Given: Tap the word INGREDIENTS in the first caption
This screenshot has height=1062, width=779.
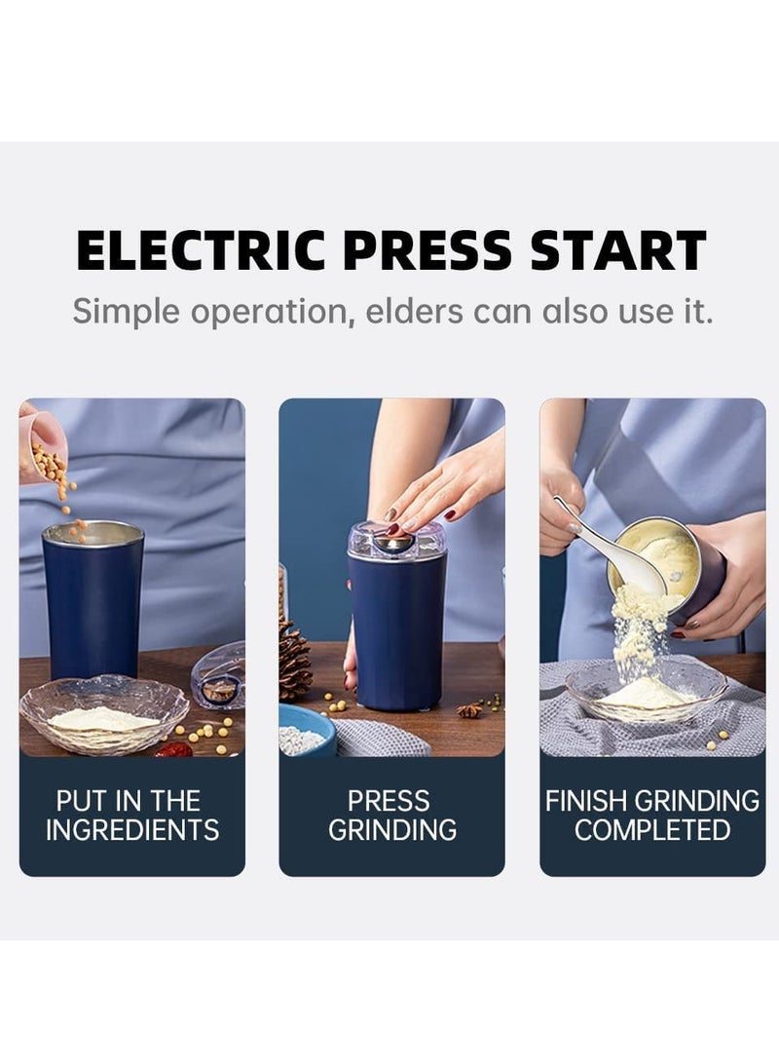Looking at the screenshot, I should (132, 830).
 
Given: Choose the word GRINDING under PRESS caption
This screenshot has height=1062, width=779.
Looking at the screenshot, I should (391, 830).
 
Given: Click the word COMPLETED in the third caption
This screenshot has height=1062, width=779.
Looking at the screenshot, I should (652, 830).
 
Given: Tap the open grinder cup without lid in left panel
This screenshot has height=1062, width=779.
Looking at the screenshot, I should (93, 599).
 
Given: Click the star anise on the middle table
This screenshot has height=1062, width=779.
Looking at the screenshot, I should (470, 710).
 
